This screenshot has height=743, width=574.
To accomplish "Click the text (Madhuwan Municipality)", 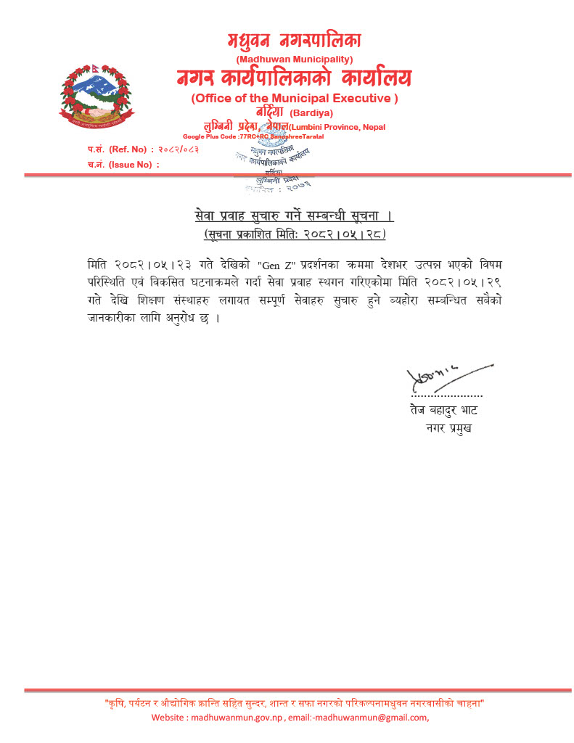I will [294, 59].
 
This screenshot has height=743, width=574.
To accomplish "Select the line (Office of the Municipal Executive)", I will [294, 98].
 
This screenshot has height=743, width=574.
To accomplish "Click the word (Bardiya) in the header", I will [311, 113].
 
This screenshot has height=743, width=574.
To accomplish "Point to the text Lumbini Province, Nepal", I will [338, 127].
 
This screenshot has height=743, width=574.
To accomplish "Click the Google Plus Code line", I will [253, 136].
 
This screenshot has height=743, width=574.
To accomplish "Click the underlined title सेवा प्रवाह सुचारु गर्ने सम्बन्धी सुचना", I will [294, 216].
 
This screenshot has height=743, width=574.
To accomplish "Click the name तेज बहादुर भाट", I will [443, 411].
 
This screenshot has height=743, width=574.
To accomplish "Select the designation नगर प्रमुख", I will [450, 428].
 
